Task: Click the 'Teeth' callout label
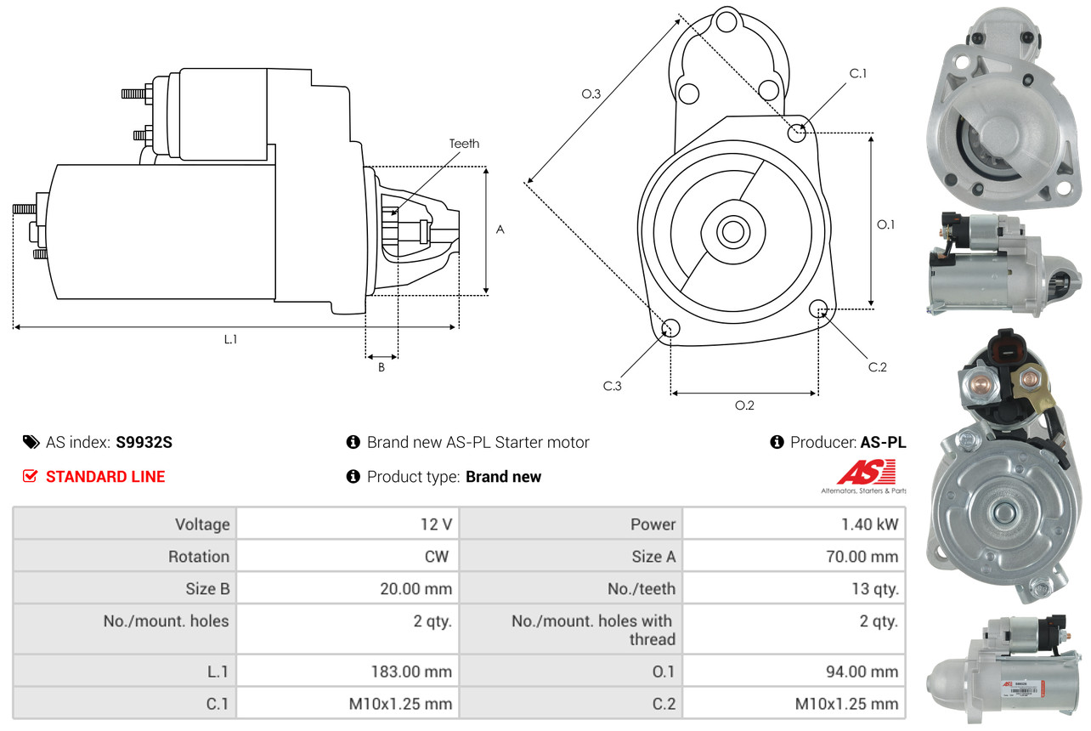tap(464, 144)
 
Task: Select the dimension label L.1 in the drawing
tap(230, 339)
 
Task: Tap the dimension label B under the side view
tap(381, 368)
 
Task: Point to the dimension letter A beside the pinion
tap(500, 229)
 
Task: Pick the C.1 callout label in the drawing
tap(858, 73)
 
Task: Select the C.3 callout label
tap(613, 386)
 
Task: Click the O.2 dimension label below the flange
tap(744, 405)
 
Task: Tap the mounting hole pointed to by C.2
tap(818, 308)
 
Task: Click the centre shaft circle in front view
tap(730, 230)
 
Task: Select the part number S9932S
tap(144, 442)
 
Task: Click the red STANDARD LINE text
tap(105, 477)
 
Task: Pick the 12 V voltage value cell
tap(435, 524)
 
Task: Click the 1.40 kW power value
tap(869, 524)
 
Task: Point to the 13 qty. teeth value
tap(875, 588)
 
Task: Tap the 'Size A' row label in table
tap(653, 557)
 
